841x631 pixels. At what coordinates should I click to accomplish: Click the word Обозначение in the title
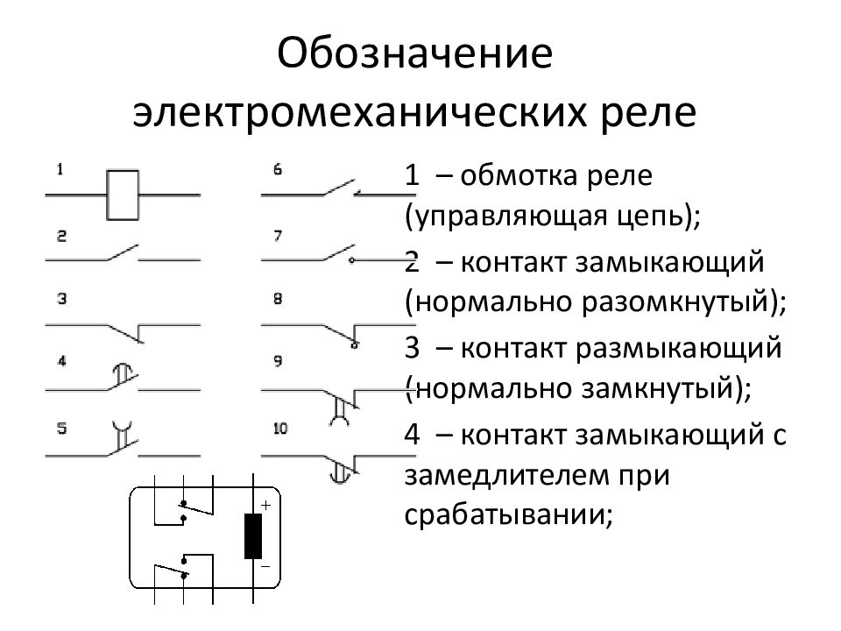[x=414, y=54]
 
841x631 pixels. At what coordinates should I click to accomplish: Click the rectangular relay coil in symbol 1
[x=123, y=195]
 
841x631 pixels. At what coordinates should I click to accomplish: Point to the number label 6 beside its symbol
[x=278, y=169]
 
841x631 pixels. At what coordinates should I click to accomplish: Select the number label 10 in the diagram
[x=280, y=429]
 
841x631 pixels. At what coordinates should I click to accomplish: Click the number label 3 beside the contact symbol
[x=61, y=299]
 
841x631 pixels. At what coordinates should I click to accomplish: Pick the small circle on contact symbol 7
[x=351, y=261]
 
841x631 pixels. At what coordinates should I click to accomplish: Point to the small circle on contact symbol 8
[x=353, y=345]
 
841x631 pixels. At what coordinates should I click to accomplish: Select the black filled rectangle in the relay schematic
[x=253, y=536]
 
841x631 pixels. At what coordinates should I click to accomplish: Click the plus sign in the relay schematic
[x=265, y=505]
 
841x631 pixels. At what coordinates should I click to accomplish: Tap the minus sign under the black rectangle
[x=265, y=567]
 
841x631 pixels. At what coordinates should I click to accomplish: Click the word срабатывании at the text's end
[x=505, y=515]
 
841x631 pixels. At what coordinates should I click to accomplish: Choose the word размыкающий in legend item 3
[x=678, y=349]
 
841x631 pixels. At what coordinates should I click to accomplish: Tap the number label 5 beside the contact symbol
[x=61, y=429]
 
